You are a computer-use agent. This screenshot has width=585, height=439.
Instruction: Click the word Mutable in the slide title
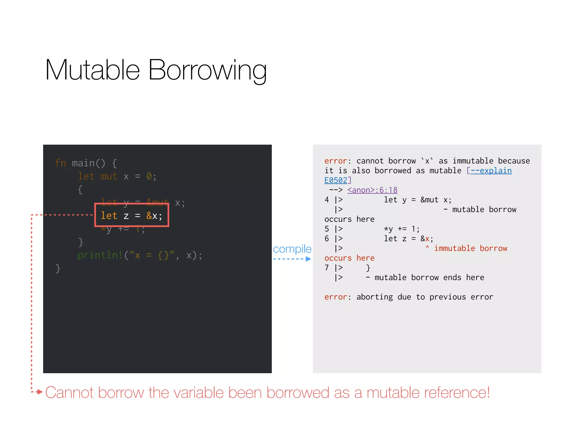[x=92, y=70]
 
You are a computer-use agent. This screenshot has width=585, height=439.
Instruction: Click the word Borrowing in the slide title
[x=207, y=70]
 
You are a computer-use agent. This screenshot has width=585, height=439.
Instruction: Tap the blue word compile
[x=292, y=249]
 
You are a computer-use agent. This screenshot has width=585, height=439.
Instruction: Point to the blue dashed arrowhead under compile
[x=308, y=259]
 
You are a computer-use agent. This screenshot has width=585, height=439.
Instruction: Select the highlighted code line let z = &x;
[x=131, y=215]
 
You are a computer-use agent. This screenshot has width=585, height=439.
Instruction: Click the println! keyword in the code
[x=100, y=255]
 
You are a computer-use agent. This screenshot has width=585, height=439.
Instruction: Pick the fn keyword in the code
[x=61, y=163]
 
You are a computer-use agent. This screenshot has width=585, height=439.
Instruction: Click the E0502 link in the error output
[x=336, y=180]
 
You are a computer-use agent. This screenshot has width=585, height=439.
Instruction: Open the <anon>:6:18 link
[x=372, y=190]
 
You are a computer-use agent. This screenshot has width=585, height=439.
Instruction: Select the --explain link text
[x=491, y=171]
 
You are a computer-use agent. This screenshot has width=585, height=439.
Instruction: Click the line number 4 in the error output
[x=327, y=200]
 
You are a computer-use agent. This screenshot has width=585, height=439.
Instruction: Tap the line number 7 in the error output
[x=327, y=268]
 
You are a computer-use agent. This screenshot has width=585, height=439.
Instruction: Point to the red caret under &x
[x=427, y=247]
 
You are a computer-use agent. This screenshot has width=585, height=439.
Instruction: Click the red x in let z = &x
[x=427, y=239]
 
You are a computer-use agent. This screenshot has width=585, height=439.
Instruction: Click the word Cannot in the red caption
[x=69, y=392]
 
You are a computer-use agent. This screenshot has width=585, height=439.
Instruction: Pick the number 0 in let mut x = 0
[x=149, y=176]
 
